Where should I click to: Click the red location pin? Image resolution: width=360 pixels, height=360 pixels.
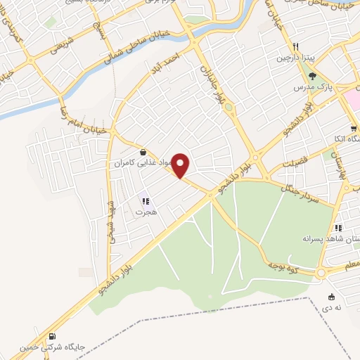pyautogui.click(x=181, y=165)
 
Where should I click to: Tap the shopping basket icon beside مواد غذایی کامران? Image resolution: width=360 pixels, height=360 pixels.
pyautogui.click(x=143, y=151)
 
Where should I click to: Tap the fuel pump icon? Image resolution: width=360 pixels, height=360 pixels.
pyautogui.click(x=53, y=337)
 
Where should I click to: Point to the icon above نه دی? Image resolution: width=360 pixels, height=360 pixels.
pyautogui.click(x=331, y=297)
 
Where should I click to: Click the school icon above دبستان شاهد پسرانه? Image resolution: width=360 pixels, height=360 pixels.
pyautogui.click(x=338, y=228)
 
